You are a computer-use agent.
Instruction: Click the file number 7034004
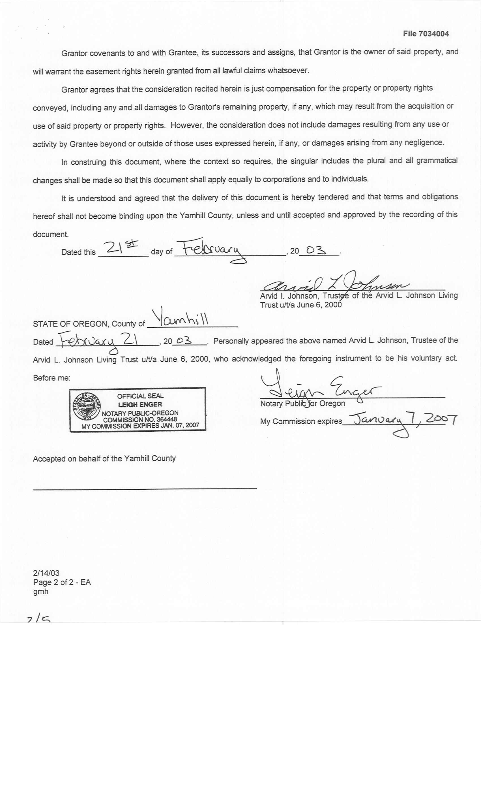coord(434,34)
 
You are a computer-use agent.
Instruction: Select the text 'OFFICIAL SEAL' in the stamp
coord(140,396)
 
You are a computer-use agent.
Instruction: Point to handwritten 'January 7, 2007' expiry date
coord(403,420)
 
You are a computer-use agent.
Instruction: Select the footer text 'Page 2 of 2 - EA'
coord(62,582)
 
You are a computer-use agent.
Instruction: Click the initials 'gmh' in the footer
coord(40,592)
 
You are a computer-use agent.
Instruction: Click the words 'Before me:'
coord(51,378)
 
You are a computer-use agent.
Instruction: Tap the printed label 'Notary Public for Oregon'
coord(302,404)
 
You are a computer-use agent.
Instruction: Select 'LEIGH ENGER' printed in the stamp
coord(140,404)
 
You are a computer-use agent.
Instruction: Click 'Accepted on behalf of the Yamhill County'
coord(104,458)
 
